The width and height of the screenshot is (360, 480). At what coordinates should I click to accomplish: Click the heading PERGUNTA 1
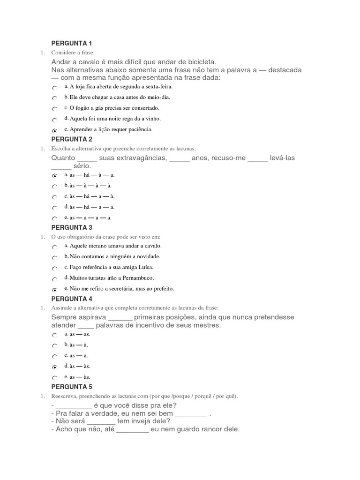(x=72, y=44)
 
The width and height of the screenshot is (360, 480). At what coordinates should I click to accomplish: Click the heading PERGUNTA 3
(x=72, y=227)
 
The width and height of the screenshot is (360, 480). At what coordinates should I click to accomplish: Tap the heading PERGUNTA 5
(x=72, y=387)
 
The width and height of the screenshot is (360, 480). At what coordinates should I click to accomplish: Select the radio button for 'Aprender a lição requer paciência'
(x=55, y=130)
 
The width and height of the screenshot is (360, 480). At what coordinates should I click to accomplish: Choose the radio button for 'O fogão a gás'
(x=55, y=109)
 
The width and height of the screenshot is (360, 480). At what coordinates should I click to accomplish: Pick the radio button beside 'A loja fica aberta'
(x=55, y=88)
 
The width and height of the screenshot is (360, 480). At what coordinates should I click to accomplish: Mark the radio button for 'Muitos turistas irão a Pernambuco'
(x=55, y=279)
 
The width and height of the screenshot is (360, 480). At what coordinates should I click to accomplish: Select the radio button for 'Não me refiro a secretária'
(x=55, y=290)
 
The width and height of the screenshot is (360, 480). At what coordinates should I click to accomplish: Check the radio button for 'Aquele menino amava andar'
(x=55, y=247)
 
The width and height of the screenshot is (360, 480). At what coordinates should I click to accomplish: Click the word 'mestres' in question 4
(x=207, y=325)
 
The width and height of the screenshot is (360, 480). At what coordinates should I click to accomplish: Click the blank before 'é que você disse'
(x=74, y=406)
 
